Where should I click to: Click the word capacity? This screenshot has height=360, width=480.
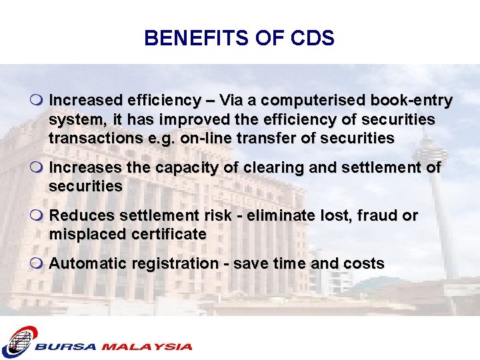(x=183, y=167)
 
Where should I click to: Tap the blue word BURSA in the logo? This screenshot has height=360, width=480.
(x=66, y=347)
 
